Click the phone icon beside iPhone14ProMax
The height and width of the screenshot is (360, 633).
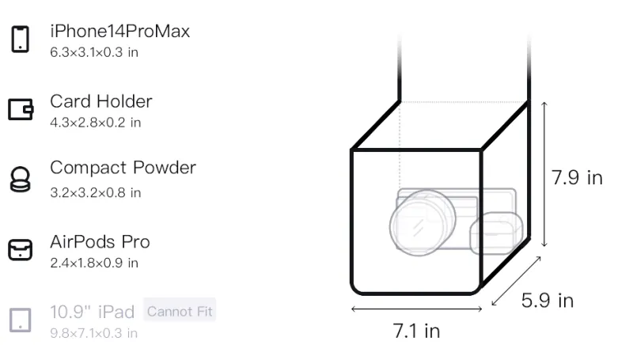point(21,39)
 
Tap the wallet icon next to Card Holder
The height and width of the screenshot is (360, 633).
point(21,109)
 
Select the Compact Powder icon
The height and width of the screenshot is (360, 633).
point(21,179)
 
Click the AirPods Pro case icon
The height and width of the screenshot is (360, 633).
point(21,249)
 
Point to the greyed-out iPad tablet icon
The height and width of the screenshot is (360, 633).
point(21,320)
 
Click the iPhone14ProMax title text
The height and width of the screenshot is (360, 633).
point(120,31)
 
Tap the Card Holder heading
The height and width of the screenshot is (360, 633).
point(101,101)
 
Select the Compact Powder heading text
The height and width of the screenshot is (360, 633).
point(123,168)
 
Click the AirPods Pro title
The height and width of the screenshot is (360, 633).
point(100,242)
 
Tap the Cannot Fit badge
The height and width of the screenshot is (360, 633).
point(180,311)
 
